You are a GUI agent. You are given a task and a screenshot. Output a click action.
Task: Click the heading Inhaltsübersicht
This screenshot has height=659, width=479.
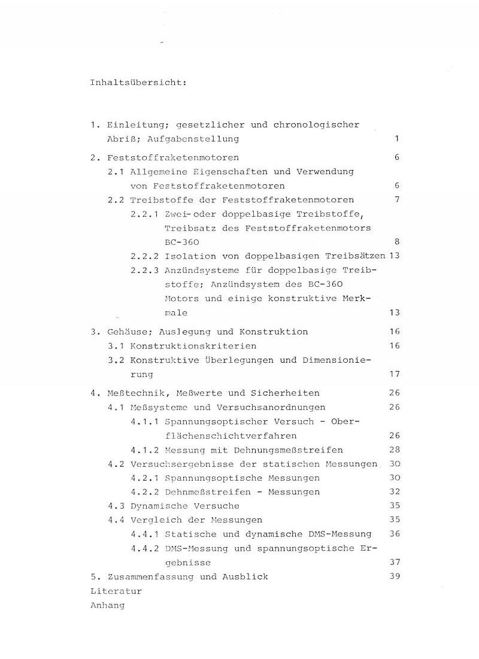138,82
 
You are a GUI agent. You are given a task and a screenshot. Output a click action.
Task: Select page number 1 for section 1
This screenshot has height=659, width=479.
396,139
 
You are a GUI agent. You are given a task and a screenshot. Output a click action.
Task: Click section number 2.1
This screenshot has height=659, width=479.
116,172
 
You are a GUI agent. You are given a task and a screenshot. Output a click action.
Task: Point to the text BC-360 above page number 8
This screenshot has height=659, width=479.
181,242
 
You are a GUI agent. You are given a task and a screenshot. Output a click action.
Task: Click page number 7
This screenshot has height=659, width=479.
396,199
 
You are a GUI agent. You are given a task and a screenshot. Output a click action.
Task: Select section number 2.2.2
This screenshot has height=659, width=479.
144,256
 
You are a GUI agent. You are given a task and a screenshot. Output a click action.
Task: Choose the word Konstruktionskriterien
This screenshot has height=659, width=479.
193,346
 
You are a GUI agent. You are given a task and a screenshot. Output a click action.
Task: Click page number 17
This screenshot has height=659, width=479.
394,374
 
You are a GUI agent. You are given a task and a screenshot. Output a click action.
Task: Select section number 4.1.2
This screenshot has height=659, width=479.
144,450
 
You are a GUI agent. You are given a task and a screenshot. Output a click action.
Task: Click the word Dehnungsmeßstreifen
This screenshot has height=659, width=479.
288,450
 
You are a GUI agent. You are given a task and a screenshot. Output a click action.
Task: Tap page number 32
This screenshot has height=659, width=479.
394,492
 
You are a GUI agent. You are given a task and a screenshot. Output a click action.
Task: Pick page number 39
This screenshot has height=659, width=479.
394,576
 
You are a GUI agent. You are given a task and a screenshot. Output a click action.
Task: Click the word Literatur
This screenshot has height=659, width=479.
116,591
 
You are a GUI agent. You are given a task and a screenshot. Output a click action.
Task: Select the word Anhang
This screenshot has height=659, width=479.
107,605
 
